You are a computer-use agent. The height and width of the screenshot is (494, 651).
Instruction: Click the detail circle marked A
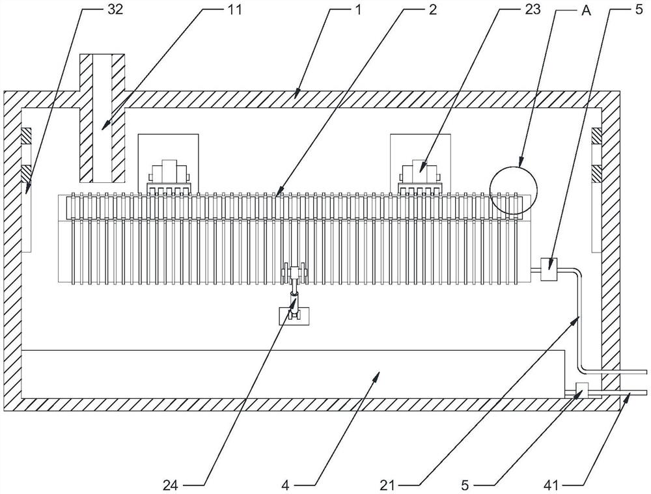(x=514, y=191)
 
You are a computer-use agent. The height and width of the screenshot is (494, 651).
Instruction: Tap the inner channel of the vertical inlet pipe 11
(x=101, y=117)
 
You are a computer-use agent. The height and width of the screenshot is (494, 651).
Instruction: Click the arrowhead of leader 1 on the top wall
(x=296, y=95)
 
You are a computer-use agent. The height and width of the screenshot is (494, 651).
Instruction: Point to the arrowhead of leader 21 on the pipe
(x=579, y=316)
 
